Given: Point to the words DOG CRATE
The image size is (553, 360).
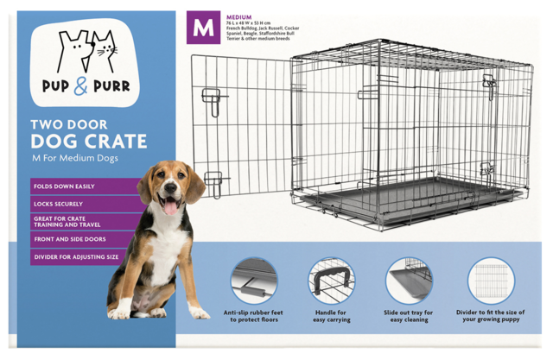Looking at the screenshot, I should pos(88,141).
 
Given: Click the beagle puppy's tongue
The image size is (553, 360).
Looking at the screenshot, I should pos(171,207).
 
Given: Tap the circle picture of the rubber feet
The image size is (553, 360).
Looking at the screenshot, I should pos(254,281).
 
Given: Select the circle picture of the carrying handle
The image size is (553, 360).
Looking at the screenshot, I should pos(332,281).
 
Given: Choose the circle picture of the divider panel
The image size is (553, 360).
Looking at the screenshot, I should pos(490,281).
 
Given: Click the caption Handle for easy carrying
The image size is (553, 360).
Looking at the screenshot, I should pos(332,316).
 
